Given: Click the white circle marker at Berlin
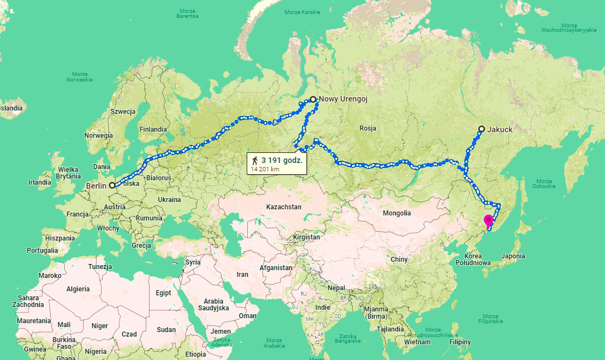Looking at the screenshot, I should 112,185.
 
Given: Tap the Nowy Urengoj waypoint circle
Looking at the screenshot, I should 313,99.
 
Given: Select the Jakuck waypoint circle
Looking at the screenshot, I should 481,129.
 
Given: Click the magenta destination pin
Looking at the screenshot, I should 488,219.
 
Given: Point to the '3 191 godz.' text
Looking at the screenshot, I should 282,160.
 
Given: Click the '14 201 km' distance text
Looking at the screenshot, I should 265,169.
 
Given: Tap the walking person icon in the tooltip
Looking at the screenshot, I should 255,160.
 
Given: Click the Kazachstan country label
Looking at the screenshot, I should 284,207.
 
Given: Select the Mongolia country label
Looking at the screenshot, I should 396,213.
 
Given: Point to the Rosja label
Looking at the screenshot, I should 368,128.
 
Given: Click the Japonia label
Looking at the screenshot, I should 513,256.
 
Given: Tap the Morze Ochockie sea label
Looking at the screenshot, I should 544,184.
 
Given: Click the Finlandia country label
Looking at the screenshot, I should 153,129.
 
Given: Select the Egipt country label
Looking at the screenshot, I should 164,293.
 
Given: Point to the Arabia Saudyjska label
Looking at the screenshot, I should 213,304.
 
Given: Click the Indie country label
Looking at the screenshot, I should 323,308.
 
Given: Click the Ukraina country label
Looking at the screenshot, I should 169,200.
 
